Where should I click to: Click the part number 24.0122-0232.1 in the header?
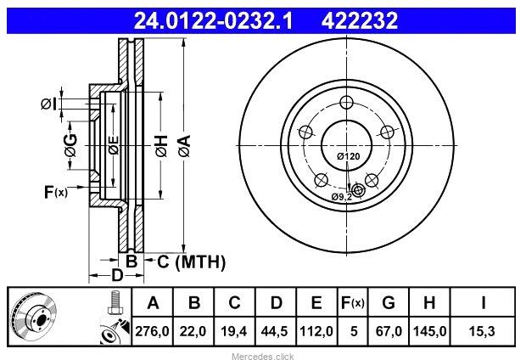213,20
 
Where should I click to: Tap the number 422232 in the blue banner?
359,20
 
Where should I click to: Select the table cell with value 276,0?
153,331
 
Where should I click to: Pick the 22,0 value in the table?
193,331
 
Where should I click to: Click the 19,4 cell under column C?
234,331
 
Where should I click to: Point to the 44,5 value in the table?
275,331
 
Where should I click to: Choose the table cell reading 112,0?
316,331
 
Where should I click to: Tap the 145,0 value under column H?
430,331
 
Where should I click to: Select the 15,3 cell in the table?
483,331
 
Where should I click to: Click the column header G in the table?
389,302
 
